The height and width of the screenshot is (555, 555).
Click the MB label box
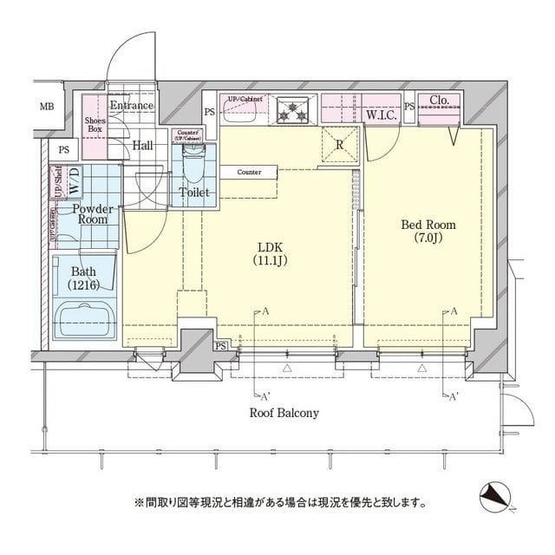pyautogui.click(x=46, y=108)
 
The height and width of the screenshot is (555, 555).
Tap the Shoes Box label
pyautogui.click(x=95, y=125)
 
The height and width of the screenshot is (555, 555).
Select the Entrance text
pyautogui.click(x=131, y=106)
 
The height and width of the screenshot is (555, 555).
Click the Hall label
pyautogui.click(x=143, y=145)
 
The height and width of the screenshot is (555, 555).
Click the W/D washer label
pyautogui.click(x=75, y=181)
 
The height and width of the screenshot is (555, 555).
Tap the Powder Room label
pyautogui.click(x=90, y=214)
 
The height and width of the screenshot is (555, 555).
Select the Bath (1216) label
pyautogui.click(x=83, y=277)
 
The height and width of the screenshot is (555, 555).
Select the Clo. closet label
pyautogui.click(x=439, y=101)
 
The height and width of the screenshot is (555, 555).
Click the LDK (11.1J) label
pyautogui.click(x=268, y=252)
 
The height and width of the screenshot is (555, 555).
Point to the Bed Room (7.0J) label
pyautogui.click(x=428, y=232)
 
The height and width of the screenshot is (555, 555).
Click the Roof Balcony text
pyautogui.click(x=285, y=414)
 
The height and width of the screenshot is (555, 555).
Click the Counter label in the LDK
pyautogui.click(x=249, y=173)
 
